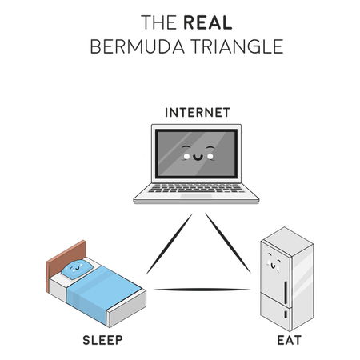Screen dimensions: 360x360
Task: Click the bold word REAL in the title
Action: (x=208, y=22)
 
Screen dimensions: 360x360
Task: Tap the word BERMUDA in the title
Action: (x=138, y=46)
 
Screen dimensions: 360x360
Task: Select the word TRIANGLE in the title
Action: (x=238, y=46)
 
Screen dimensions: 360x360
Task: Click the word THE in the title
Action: (x=158, y=22)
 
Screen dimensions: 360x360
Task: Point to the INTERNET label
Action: (x=198, y=113)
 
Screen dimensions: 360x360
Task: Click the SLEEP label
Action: (x=102, y=340)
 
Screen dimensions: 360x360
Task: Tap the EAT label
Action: (x=290, y=340)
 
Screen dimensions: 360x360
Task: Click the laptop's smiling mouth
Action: (x=198, y=158)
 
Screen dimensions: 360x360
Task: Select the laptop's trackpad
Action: (x=196, y=196)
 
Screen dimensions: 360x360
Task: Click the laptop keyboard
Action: (x=196, y=188)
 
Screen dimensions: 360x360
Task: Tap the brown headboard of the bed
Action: (x=66, y=264)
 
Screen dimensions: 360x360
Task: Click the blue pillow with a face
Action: (x=78, y=269)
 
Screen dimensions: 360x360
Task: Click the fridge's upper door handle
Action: (x=286, y=293)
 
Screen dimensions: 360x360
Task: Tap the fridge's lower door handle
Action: (x=286, y=314)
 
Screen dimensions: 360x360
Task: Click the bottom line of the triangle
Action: (x=202, y=290)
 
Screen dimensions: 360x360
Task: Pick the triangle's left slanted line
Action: (x=170, y=244)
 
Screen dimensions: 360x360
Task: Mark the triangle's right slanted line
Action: (x=228, y=242)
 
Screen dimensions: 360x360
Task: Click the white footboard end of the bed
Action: (x=127, y=310)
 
